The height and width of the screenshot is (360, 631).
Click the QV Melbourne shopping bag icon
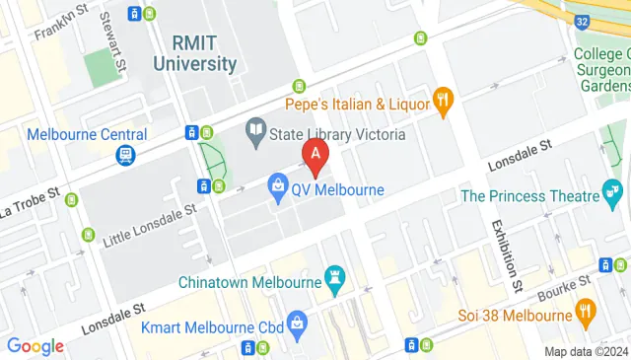click(x=279, y=186)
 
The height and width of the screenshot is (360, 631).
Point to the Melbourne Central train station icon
click(x=125, y=156)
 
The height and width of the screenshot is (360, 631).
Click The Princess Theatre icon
click(x=613, y=189)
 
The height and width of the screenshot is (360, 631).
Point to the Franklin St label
click(x=55, y=22)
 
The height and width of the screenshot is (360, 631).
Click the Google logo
click(x=35, y=345)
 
